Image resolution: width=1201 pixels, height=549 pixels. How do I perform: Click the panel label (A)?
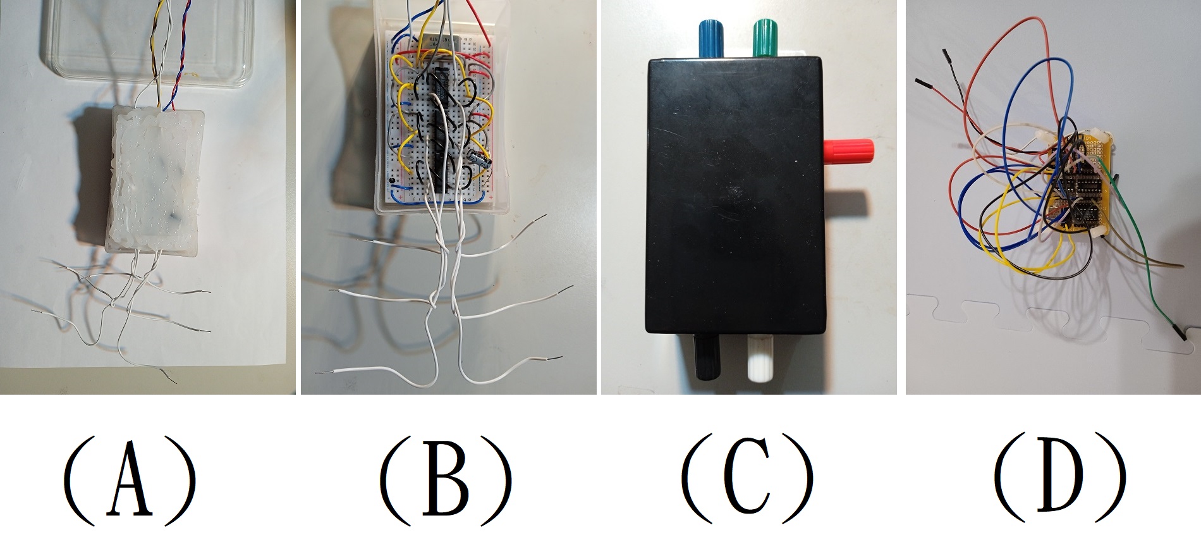(x=130, y=483)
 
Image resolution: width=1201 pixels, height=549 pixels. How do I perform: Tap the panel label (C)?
(x=747, y=483)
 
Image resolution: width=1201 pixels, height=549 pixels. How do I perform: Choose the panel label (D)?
(x=1060, y=483)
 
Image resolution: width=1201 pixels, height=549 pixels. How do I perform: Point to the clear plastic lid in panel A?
(x=145, y=44)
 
